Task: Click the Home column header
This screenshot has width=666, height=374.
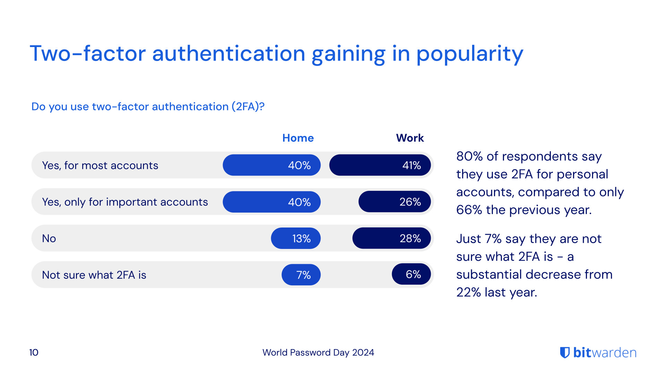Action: pyautogui.click(x=298, y=138)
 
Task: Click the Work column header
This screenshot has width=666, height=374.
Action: pyautogui.click(x=410, y=138)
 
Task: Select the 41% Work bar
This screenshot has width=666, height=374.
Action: pyautogui.click(x=380, y=165)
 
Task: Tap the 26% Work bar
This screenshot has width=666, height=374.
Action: pyautogui.click(x=394, y=202)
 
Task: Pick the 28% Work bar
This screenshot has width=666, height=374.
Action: pyautogui.click(x=391, y=238)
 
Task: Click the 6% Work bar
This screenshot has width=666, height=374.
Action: pyautogui.click(x=411, y=275)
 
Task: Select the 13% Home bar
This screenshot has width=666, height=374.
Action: pyautogui.click(x=296, y=238)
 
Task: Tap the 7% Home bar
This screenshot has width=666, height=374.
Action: pyautogui.click(x=301, y=275)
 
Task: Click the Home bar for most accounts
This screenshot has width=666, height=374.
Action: pyautogui.click(x=271, y=165)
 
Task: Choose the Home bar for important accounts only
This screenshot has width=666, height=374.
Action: pyautogui.click(x=271, y=202)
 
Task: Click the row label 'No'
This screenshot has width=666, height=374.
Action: pyautogui.click(x=49, y=238)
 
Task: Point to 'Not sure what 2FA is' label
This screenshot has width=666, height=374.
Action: pyautogui.click(x=94, y=275)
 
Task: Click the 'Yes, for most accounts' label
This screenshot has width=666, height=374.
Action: pyautogui.click(x=100, y=166)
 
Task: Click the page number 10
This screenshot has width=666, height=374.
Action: pyautogui.click(x=34, y=353)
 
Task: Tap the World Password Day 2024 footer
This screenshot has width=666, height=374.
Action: pyautogui.click(x=318, y=353)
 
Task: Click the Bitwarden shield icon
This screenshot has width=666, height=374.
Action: pyautogui.click(x=565, y=353)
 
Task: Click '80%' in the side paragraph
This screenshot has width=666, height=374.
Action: pyautogui.click(x=469, y=157)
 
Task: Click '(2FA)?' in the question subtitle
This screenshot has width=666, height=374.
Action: pyautogui.click(x=248, y=107)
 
